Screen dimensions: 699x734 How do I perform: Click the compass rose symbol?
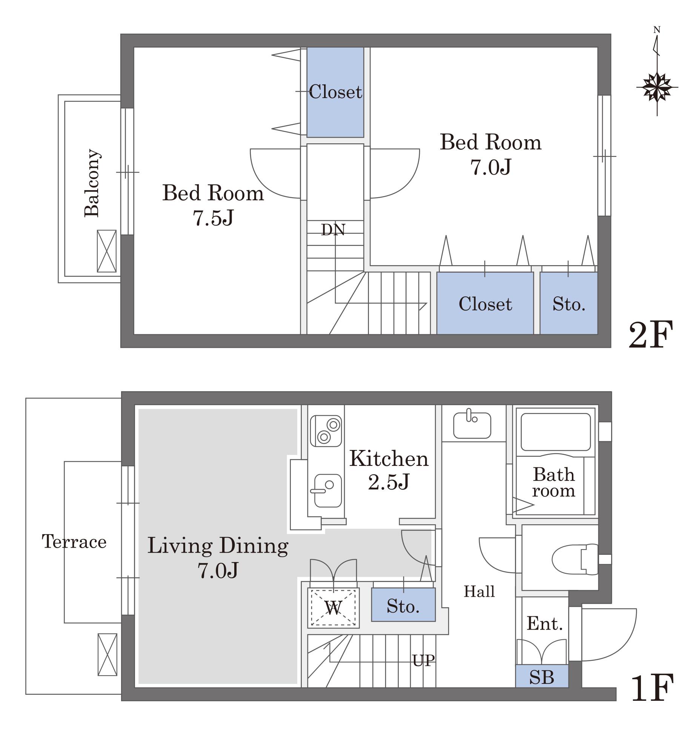click(x=657, y=87)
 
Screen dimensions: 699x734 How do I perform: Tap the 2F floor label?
click(x=651, y=335)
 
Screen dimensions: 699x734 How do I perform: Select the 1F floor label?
click(x=652, y=688)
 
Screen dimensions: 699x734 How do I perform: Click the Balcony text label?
click(x=92, y=183)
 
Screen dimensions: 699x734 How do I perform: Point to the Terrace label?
click(x=74, y=542)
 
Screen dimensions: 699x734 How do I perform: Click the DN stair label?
click(x=333, y=230)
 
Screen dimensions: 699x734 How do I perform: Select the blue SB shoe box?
click(x=542, y=676)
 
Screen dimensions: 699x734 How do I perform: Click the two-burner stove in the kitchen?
click(x=326, y=431)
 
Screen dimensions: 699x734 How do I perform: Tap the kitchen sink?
click(x=328, y=491)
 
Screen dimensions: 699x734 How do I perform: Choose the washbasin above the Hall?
click(x=472, y=424)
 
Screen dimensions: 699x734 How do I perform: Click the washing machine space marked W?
click(x=333, y=608)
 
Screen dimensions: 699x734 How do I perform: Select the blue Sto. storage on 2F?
click(x=569, y=303)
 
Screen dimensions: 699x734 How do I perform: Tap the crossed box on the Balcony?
click(x=107, y=251)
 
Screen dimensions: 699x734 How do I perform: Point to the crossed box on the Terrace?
click(x=107, y=654)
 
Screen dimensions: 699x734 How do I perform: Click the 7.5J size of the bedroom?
click(x=213, y=218)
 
